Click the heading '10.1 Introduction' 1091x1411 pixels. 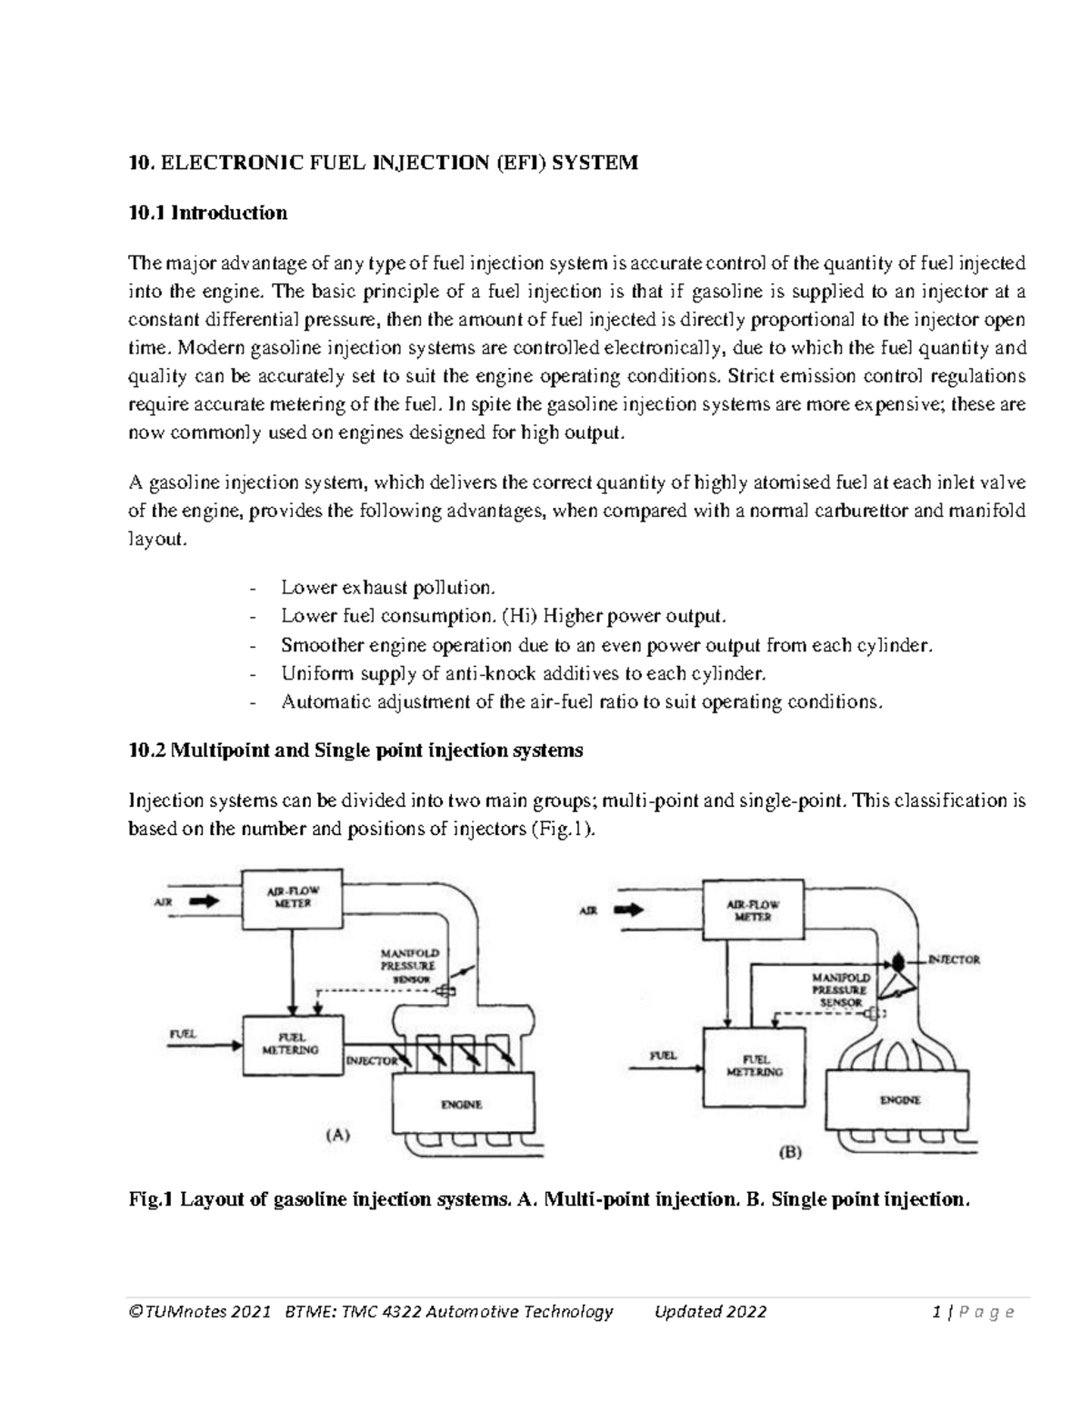pyautogui.click(x=207, y=213)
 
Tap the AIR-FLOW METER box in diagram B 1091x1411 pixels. pyautogui.click(x=753, y=910)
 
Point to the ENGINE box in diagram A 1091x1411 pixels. pyautogui.click(x=461, y=1104)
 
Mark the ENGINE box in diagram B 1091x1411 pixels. pyautogui.click(x=900, y=1099)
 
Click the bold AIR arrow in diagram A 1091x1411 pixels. pyautogui.click(x=205, y=902)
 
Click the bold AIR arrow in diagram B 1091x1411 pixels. pyautogui.click(x=629, y=909)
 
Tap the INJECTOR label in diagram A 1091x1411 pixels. pyautogui.click(x=370, y=1060)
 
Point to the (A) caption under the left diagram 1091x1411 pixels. pyautogui.click(x=337, y=1134)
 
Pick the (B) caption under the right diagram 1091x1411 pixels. pyautogui.click(x=790, y=1152)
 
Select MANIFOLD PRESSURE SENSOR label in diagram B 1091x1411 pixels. pyautogui.click(x=841, y=989)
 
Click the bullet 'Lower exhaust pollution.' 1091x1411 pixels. pyautogui.click(x=389, y=587)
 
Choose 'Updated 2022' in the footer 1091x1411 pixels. pyautogui.click(x=710, y=1311)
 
